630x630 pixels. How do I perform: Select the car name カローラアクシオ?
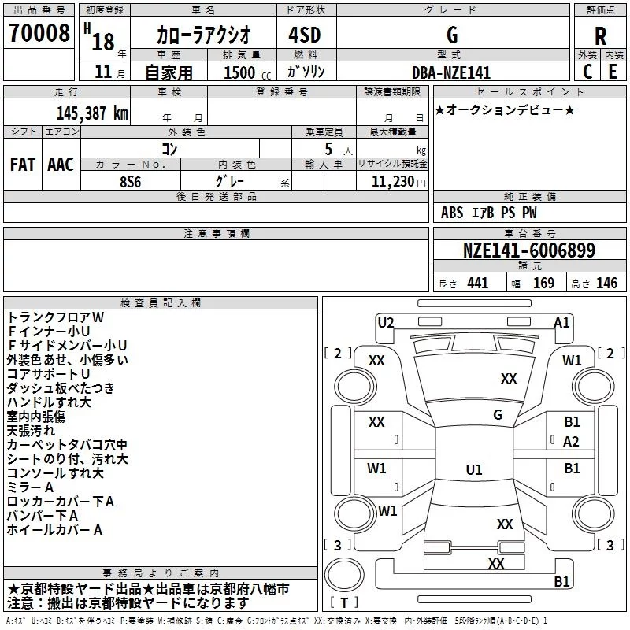click(203, 35)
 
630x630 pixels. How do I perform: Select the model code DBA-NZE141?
click(451, 72)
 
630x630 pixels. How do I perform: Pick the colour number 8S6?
click(130, 180)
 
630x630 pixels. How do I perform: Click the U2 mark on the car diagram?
click(386, 322)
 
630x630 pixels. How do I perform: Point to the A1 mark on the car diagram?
click(561, 322)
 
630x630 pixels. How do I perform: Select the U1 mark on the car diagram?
click(473, 470)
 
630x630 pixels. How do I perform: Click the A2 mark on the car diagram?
click(572, 442)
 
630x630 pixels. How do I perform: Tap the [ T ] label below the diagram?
click(343, 603)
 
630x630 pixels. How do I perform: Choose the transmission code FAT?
click(22, 165)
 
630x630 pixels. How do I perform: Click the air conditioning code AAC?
click(60, 165)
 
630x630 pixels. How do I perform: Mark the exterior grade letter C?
click(587, 72)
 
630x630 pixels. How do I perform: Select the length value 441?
click(477, 283)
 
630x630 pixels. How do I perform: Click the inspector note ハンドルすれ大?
click(49, 402)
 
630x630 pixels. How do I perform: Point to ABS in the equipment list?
click(452, 213)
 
